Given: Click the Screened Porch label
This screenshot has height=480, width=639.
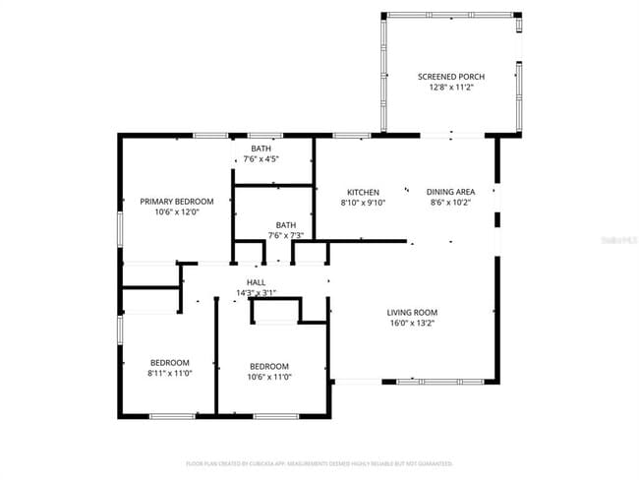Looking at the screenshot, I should (x=450, y=77).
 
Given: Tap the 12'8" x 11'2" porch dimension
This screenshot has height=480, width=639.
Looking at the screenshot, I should (x=450, y=88).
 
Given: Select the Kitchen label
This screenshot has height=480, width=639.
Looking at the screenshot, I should (x=363, y=192).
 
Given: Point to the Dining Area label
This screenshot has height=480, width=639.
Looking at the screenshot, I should (x=450, y=192).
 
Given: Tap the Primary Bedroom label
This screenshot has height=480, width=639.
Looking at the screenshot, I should (x=176, y=201).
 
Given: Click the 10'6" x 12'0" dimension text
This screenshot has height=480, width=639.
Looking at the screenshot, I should (x=176, y=211).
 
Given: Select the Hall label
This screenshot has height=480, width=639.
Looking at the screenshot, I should (x=257, y=281).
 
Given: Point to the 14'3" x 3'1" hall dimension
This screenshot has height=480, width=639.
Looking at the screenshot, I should (x=257, y=292).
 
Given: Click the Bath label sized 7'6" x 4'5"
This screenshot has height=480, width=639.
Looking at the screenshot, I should (x=261, y=149).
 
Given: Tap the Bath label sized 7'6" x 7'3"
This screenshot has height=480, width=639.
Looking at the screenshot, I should (x=285, y=224).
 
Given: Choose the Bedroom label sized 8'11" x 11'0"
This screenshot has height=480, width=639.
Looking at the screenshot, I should (x=169, y=363).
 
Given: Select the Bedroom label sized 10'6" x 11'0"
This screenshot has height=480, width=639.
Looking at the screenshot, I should (x=268, y=365).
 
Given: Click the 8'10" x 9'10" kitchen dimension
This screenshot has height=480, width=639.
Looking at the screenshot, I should (x=363, y=203).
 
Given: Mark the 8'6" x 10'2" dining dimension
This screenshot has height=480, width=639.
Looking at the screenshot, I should (x=450, y=203).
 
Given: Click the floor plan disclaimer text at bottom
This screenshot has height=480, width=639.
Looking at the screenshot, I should (x=319, y=463).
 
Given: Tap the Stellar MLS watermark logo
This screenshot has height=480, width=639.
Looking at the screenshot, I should (x=619, y=239).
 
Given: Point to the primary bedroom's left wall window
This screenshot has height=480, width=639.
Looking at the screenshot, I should (x=120, y=228).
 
